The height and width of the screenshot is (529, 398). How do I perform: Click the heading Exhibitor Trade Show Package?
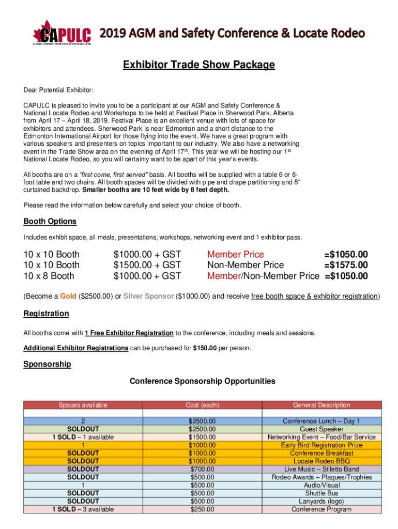click(198, 65)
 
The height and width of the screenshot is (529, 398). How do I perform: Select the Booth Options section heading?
click(50, 222)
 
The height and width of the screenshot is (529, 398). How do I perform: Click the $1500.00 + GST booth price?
click(147, 265)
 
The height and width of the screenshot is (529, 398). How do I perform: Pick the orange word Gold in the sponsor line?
click(68, 297)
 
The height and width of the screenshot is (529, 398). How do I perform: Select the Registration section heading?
click(46, 314)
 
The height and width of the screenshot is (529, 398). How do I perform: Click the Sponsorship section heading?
click(47, 364)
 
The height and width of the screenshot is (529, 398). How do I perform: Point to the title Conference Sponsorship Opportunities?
click(202, 381)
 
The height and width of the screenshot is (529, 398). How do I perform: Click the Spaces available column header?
click(83, 405)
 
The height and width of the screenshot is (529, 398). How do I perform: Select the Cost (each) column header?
click(202, 405)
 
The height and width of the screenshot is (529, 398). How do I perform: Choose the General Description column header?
click(322, 405)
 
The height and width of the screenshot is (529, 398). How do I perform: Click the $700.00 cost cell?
click(202, 469)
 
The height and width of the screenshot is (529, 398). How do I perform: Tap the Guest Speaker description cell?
click(322, 429)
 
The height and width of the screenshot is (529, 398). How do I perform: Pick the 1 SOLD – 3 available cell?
click(83, 509)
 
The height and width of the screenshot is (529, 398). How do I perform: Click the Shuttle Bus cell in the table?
click(322, 493)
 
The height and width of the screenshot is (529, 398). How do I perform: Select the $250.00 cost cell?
click(202, 509)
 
